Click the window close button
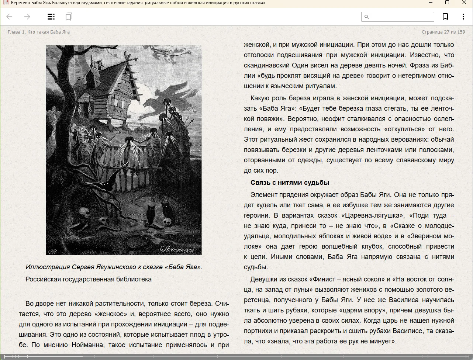(x=464, y=3)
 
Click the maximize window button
(x=447, y=3)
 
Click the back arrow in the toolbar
(x=10, y=17)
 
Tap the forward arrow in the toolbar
(x=27, y=17)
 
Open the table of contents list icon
(x=51, y=17)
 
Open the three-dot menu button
(x=463, y=17)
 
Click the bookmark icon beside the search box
(x=445, y=17)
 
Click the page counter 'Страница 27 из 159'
(x=443, y=32)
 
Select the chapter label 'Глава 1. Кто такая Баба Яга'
(x=39, y=32)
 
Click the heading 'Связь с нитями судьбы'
(x=290, y=183)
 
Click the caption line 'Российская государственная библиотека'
(x=89, y=279)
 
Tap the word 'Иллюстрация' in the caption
(x=48, y=267)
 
